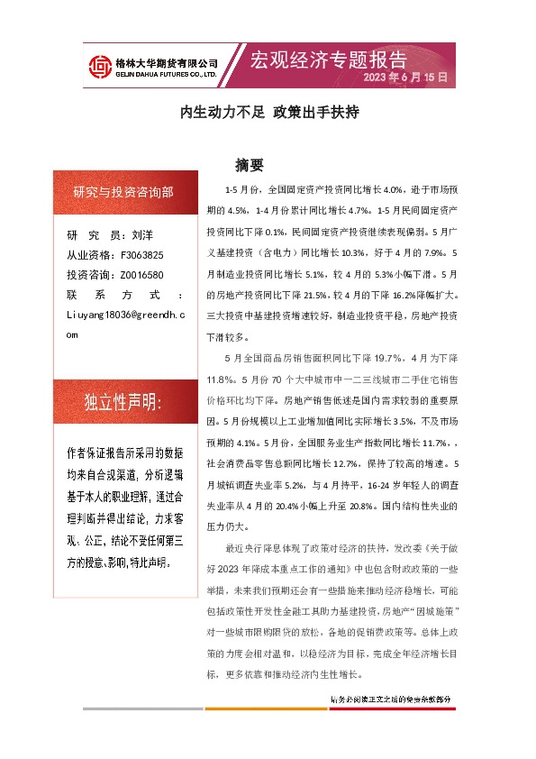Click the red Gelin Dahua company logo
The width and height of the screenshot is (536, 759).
pyautogui.click(x=99, y=65)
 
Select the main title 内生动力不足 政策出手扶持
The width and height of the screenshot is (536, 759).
pyautogui.click(x=270, y=114)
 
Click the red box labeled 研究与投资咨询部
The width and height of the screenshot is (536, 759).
pyautogui.click(x=123, y=191)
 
